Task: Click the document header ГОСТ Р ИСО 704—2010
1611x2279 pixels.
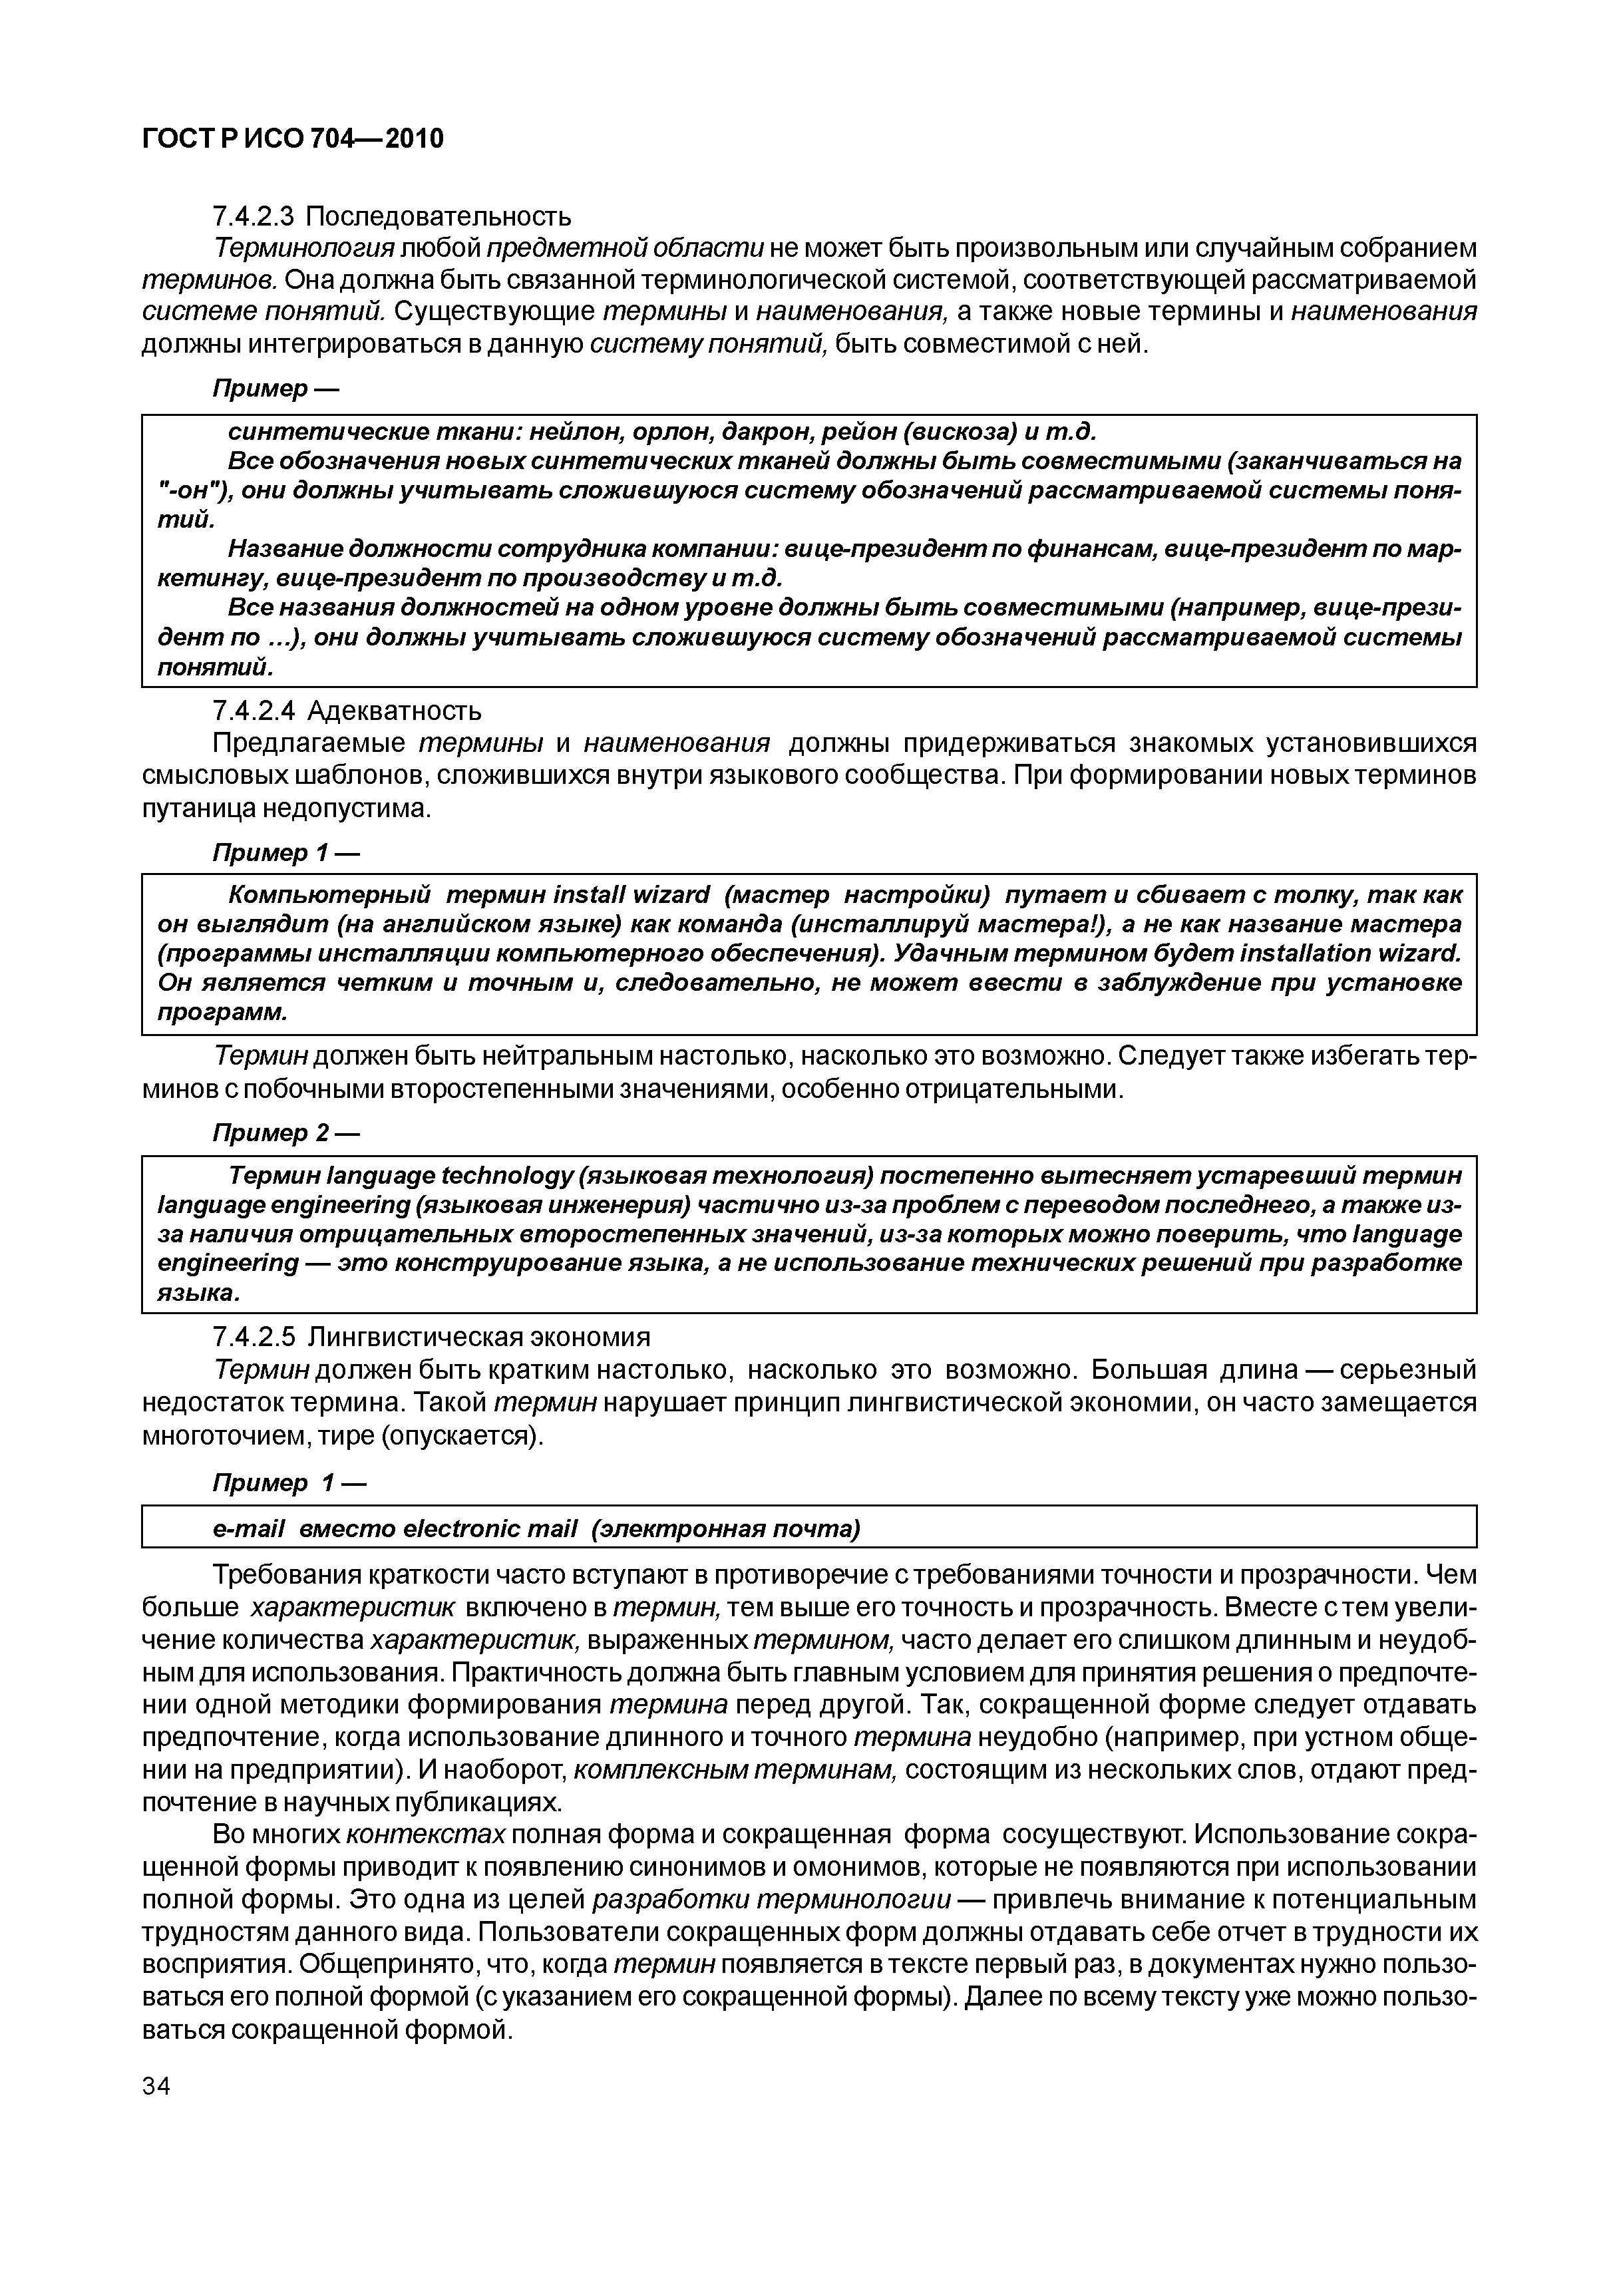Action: (x=293, y=139)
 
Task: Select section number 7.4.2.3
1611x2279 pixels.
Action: (x=255, y=216)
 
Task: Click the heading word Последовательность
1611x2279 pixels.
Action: (x=439, y=216)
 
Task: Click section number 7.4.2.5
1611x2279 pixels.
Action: (x=255, y=1337)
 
